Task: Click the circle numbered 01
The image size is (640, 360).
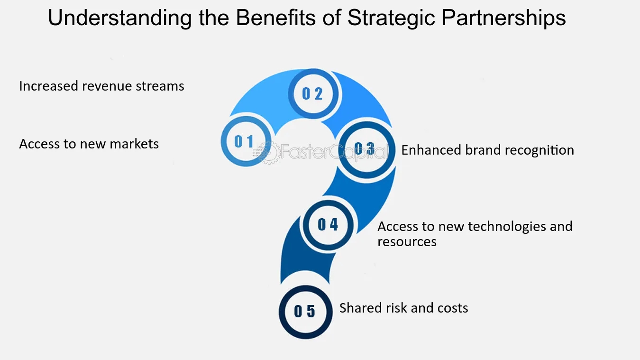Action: (246, 141)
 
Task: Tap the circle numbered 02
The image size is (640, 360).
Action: (313, 93)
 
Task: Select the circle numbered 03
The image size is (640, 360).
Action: (367, 150)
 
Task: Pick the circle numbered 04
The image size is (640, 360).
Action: (328, 225)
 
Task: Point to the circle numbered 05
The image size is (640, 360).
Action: (305, 312)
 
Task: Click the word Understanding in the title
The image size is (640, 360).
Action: (120, 18)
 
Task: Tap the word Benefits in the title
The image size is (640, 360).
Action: (276, 18)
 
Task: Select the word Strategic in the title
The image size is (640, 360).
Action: (391, 18)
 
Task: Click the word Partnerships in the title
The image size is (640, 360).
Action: (504, 18)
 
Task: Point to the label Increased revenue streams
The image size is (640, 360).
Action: (102, 86)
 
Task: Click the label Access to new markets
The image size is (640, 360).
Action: (89, 144)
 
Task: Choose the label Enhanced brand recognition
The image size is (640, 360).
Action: (488, 150)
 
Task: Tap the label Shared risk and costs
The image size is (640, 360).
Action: (404, 308)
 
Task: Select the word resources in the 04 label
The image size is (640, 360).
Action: (407, 242)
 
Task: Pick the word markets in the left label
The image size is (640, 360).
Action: (134, 144)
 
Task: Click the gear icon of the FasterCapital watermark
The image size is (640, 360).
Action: (269, 152)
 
